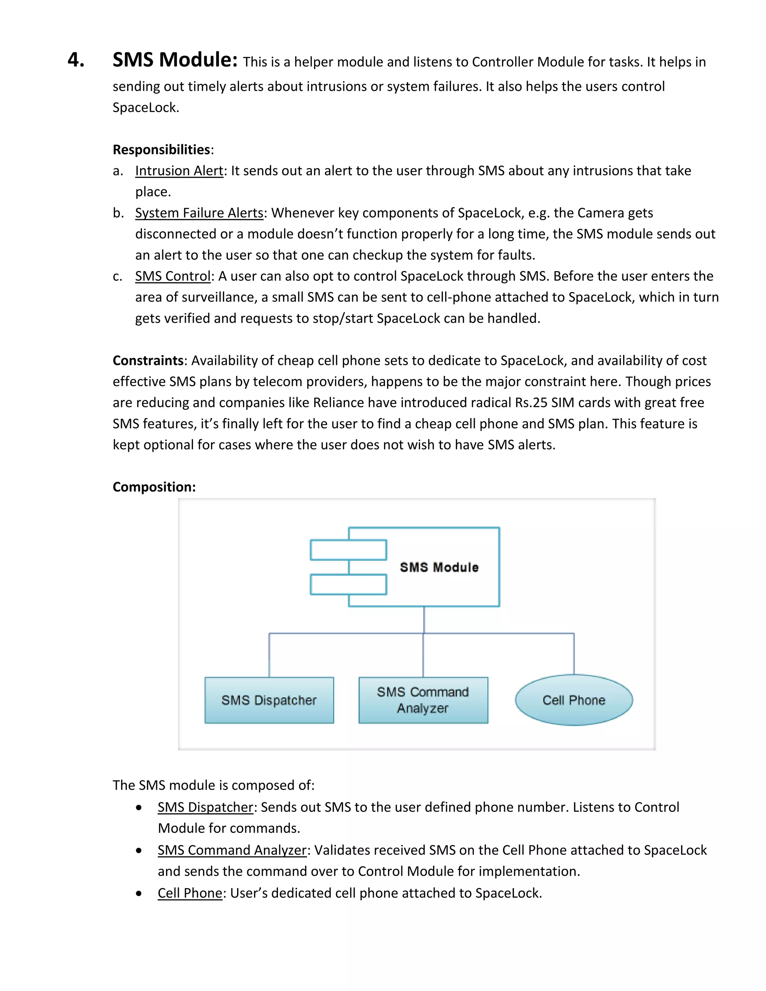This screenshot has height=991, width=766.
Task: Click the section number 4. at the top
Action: click(x=76, y=60)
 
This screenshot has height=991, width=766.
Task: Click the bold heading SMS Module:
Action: click(x=175, y=60)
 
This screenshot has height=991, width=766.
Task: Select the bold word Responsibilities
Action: click(x=161, y=149)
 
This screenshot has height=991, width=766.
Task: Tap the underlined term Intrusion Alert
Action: click(x=179, y=171)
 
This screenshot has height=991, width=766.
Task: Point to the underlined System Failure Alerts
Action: click(x=199, y=213)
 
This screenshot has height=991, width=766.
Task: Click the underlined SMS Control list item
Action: click(x=173, y=276)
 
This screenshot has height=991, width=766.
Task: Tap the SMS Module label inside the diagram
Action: click(x=439, y=567)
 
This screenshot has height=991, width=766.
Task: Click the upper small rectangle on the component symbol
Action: click(x=349, y=550)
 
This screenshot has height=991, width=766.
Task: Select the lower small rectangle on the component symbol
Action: click(x=349, y=585)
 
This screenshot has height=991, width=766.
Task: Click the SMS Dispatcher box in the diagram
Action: click(x=269, y=700)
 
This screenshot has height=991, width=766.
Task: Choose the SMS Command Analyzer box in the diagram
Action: click(x=423, y=700)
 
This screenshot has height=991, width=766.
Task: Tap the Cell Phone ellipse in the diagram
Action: click(x=574, y=700)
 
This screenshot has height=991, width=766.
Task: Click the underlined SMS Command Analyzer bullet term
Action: click(x=232, y=850)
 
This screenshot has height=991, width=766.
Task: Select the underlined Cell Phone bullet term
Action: click(x=190, y=893)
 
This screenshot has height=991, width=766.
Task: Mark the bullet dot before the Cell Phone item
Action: click(x=139, y=893)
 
